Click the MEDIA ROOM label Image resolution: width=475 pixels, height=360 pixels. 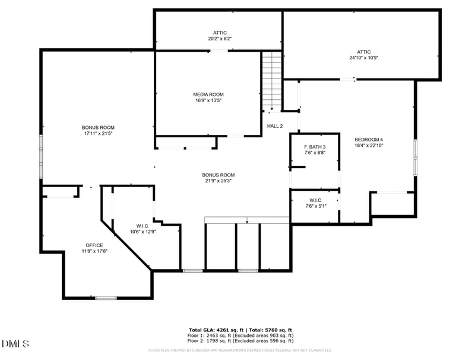point(208,94)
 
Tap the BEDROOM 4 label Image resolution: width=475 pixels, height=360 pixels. point(369,140)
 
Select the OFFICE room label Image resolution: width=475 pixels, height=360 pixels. point(94,245)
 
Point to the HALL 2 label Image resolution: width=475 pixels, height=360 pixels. point(274,126)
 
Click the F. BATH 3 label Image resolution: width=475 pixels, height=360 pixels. point(315,147)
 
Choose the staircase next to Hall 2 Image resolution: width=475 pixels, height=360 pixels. point(271,80)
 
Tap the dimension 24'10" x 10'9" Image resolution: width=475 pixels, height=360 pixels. point(363,58)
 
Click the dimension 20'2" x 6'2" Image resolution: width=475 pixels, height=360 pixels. point(220,39)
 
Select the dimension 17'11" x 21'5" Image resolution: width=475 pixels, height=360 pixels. point(98,134)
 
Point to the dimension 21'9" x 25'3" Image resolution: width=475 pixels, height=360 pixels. point(218,181)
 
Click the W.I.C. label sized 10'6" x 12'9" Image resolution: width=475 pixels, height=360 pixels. point(142,226)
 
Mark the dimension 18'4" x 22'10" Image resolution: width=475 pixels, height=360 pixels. point(369,146)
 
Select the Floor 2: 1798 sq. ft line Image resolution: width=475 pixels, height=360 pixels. point(240,342)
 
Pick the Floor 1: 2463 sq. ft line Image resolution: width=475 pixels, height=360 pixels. point(240,336)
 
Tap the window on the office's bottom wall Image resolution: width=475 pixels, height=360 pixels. point(106,298)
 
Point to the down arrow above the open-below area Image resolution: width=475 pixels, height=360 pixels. point(247,221)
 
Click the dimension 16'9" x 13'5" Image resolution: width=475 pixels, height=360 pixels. point(208,100)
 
